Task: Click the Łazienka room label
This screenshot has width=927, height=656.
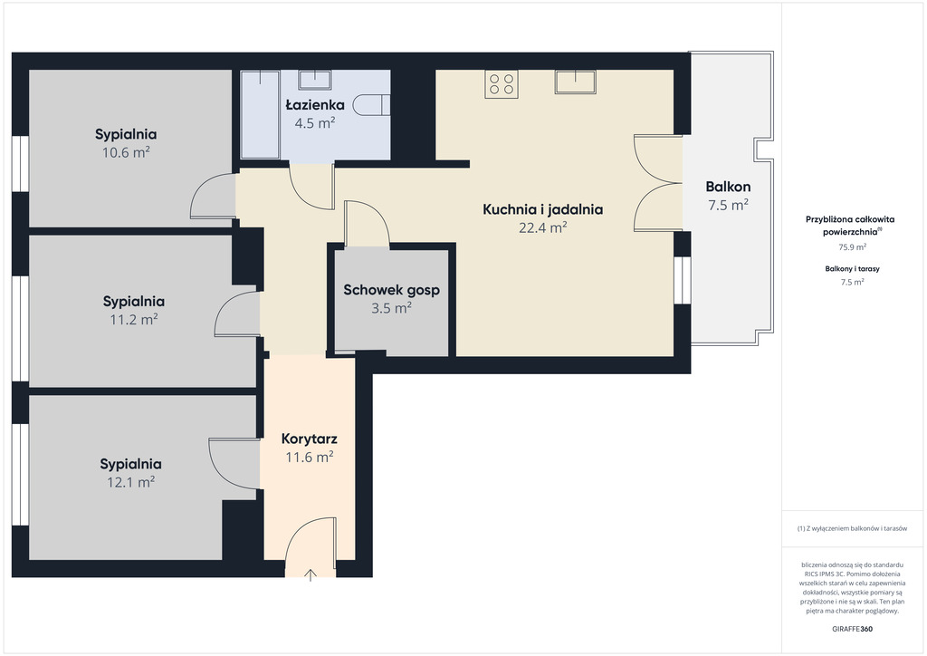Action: point(315,105)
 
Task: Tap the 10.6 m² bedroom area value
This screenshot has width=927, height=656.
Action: point(126,152)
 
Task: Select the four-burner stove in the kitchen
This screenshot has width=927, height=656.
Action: point(502,84)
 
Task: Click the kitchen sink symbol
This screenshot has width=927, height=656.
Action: point(575,82)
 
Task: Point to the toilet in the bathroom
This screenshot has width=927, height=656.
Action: point(371,105)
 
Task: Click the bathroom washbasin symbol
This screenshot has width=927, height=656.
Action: point(314,80)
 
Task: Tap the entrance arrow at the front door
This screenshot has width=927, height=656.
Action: point(311,574)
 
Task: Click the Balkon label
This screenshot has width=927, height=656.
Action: point(729,187)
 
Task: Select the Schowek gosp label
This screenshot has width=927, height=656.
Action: point(391,291)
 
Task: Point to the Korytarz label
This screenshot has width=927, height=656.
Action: point(310,439)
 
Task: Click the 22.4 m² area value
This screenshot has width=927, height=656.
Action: point(543,227)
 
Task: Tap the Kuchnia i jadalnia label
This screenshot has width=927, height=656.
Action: point(543,209)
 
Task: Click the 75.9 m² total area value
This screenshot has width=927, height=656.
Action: point(853,247)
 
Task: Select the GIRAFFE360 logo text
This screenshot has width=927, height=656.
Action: point(852,629)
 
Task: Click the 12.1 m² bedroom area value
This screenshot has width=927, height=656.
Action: point(130,482)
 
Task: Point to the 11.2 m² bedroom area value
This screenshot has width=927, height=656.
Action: point(134,320)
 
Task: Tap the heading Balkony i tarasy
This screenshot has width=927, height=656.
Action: point(853,268)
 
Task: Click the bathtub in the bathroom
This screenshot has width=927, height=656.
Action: point(260,115)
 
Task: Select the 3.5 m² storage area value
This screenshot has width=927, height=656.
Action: point(391,308)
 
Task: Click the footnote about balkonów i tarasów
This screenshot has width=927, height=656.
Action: point(852,528)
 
